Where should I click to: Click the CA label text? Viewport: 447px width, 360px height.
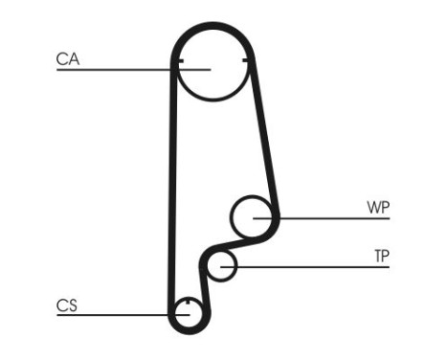coord(67,59)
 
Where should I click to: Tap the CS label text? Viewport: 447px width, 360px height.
coord(66,305)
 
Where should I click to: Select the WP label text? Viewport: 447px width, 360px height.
coord(378,207)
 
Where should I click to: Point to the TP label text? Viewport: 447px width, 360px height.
coord(381,256)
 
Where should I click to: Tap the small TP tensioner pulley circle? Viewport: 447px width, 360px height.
coord(223,265)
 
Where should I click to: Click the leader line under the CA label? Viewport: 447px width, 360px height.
coord(115,69)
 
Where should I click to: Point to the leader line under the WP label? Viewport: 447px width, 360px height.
coord(335,218)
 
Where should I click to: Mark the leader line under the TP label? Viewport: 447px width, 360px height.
coord(316,266)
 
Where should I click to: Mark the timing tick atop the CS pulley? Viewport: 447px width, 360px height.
coord(188,301)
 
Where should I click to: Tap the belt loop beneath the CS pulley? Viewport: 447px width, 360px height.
coord(188,331)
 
